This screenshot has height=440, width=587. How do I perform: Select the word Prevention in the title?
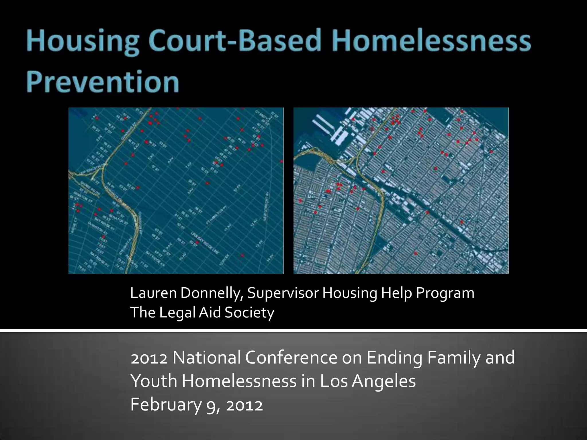coord(103,81)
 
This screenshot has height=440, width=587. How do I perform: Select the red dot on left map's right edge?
coord(281,162)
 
